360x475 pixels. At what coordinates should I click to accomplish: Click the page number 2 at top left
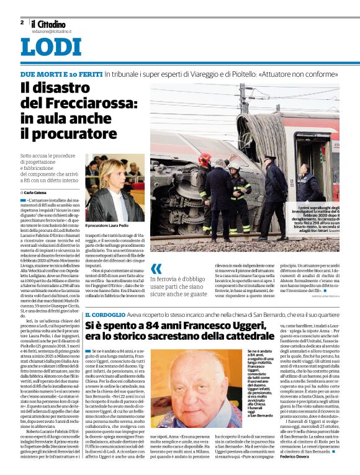[22, 22]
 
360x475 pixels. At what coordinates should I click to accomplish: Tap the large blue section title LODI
[50, 48]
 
